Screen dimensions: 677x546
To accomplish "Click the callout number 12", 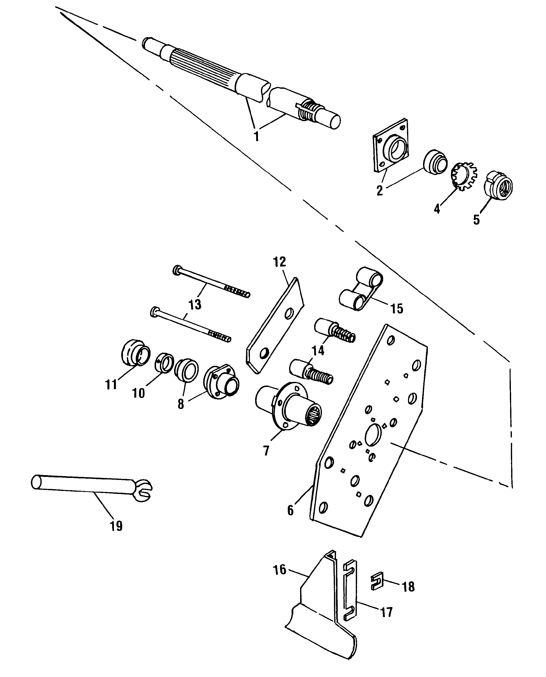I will [280, 262].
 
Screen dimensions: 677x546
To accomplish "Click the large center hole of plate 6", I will [373, 435].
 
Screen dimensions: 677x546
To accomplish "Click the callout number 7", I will [266, 451].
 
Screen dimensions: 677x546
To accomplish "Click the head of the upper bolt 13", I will [177, 270].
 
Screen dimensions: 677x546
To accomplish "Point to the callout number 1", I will [256, 137].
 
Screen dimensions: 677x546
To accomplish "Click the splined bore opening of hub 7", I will [313, 415].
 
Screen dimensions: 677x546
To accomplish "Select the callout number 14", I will [318, 351].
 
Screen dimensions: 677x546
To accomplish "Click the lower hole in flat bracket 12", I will [263, 354].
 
